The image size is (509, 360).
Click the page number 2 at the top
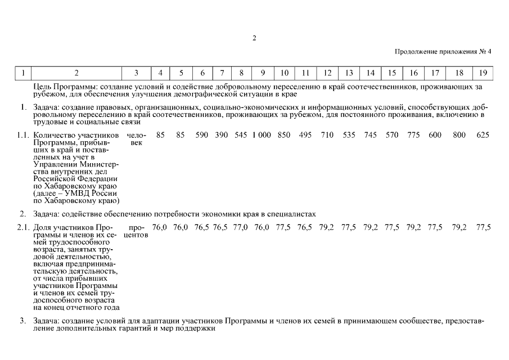pyautogui.click(x=254, y=38)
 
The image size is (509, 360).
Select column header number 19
pyautogui.click(x=483, y=73)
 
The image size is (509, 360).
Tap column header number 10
pyautogui.click(x=285, y=73)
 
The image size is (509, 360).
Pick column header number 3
pyautogui.click(x=136, y=73)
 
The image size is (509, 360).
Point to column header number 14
pyautogui.click(x=370, y=73)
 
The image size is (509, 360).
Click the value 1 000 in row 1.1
pyautogui.click(x=262, y=135)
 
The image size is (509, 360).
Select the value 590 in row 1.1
pyautogui.click(x=202, y=135)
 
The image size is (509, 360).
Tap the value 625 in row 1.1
pyautogui.click(x=483, y=135)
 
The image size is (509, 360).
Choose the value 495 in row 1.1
pyautogui.click(x=305, y=135)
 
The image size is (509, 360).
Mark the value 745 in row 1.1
pyautogui.click(x=370, y=135)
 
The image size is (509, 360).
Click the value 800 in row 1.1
pyautogui.click(x=459, y=135)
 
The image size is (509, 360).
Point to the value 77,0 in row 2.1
pyautogui.click(x=241, y=227)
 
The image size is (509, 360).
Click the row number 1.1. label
pyautogui.click(x=22, y=135)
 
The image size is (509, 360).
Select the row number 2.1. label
pyautogui.click(x=22, y=227)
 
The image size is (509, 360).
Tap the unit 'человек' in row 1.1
pyautogui.click(x=136, y=139)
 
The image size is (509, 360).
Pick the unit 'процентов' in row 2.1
pyautogui.click(x=136, y=231)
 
